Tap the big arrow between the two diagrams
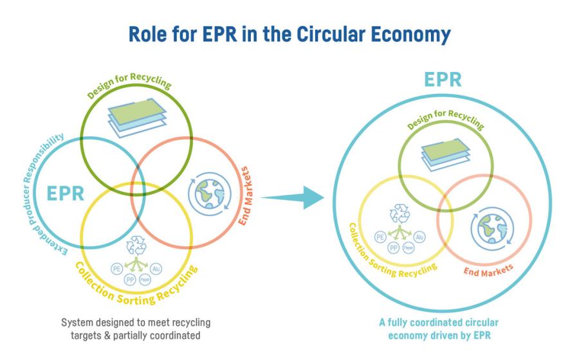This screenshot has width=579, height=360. click(x=295, y=198)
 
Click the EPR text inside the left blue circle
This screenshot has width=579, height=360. click(x=66, y=194)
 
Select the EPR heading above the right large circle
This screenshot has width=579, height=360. click(x=443, y=80)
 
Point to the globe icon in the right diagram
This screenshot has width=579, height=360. click(x=492, y=228)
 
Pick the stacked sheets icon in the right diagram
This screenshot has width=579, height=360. click(x=446, y=154)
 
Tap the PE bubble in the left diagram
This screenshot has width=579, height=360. click(x=116, y=269)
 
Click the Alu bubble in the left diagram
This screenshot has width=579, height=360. click(x=156, y=269)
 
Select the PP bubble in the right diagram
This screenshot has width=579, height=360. click(x=394, y=248)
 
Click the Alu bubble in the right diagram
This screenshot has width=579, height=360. click(x=419, y=237)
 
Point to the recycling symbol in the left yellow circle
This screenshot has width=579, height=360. click(x=136, y=246)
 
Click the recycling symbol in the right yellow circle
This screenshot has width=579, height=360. click(x=400, y=213)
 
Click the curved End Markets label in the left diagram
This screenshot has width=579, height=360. click(x=246, y=196)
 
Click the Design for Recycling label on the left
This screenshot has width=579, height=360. click(x=129, y=85)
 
